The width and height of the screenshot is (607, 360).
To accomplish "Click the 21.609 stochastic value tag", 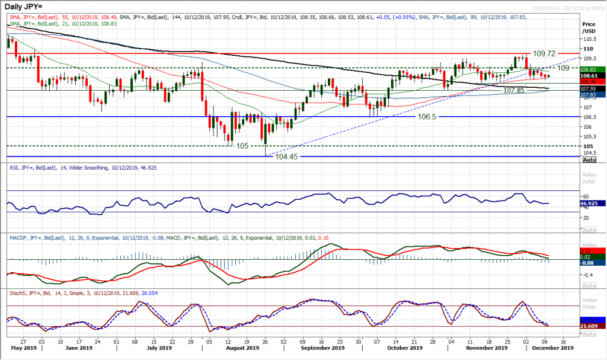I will point(591,326).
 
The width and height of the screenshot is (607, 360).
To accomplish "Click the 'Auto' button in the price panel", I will point(590,160).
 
